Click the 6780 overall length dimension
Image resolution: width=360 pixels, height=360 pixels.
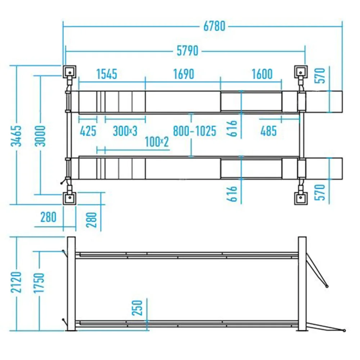pos(214,26)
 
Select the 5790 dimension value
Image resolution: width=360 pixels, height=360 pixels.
pos(187,51)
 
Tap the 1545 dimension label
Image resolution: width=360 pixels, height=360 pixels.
pos(107,74)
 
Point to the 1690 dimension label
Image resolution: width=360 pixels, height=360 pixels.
pos(184,74)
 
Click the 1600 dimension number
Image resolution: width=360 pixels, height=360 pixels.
pos(262,74)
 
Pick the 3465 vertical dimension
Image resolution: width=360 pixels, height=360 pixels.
pos(16,136)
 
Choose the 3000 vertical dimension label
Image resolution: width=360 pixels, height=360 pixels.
pos(40,136)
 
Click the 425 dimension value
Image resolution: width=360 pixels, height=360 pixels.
pos(88,131)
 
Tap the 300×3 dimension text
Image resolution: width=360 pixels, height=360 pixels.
pos(125,131)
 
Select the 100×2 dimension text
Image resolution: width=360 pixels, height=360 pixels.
pos(157,142)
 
